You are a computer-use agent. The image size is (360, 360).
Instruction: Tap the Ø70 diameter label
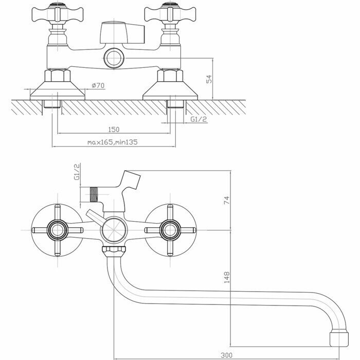98,85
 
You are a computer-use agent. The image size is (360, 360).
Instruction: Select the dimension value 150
114,129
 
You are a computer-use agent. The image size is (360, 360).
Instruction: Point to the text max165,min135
112,141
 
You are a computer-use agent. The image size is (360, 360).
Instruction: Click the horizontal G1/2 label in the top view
199,119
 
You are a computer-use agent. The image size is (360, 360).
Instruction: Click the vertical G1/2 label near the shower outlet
77,172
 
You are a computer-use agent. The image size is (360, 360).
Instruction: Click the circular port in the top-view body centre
113,57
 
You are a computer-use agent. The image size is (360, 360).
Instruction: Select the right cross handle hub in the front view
170,229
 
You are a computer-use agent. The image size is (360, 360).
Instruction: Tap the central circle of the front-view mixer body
113,229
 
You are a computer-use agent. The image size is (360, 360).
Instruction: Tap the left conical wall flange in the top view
57,91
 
